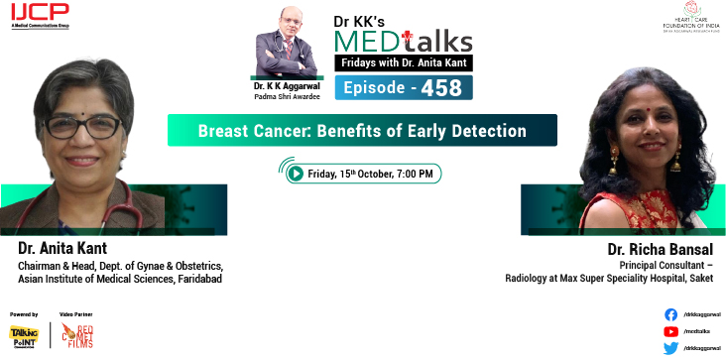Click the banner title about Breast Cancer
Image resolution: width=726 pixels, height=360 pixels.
[x=361, y=130]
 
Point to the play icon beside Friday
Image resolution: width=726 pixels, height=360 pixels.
[x=295, y=174]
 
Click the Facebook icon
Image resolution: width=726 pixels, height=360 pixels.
[x=670, y=313]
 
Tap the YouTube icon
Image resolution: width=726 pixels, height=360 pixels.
[x=670, y=330]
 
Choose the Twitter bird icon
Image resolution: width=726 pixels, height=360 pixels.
[x=670, y=347]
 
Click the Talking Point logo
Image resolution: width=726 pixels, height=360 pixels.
[x=24, y=335]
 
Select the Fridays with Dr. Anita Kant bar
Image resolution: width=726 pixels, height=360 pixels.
[x=404, y=63]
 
